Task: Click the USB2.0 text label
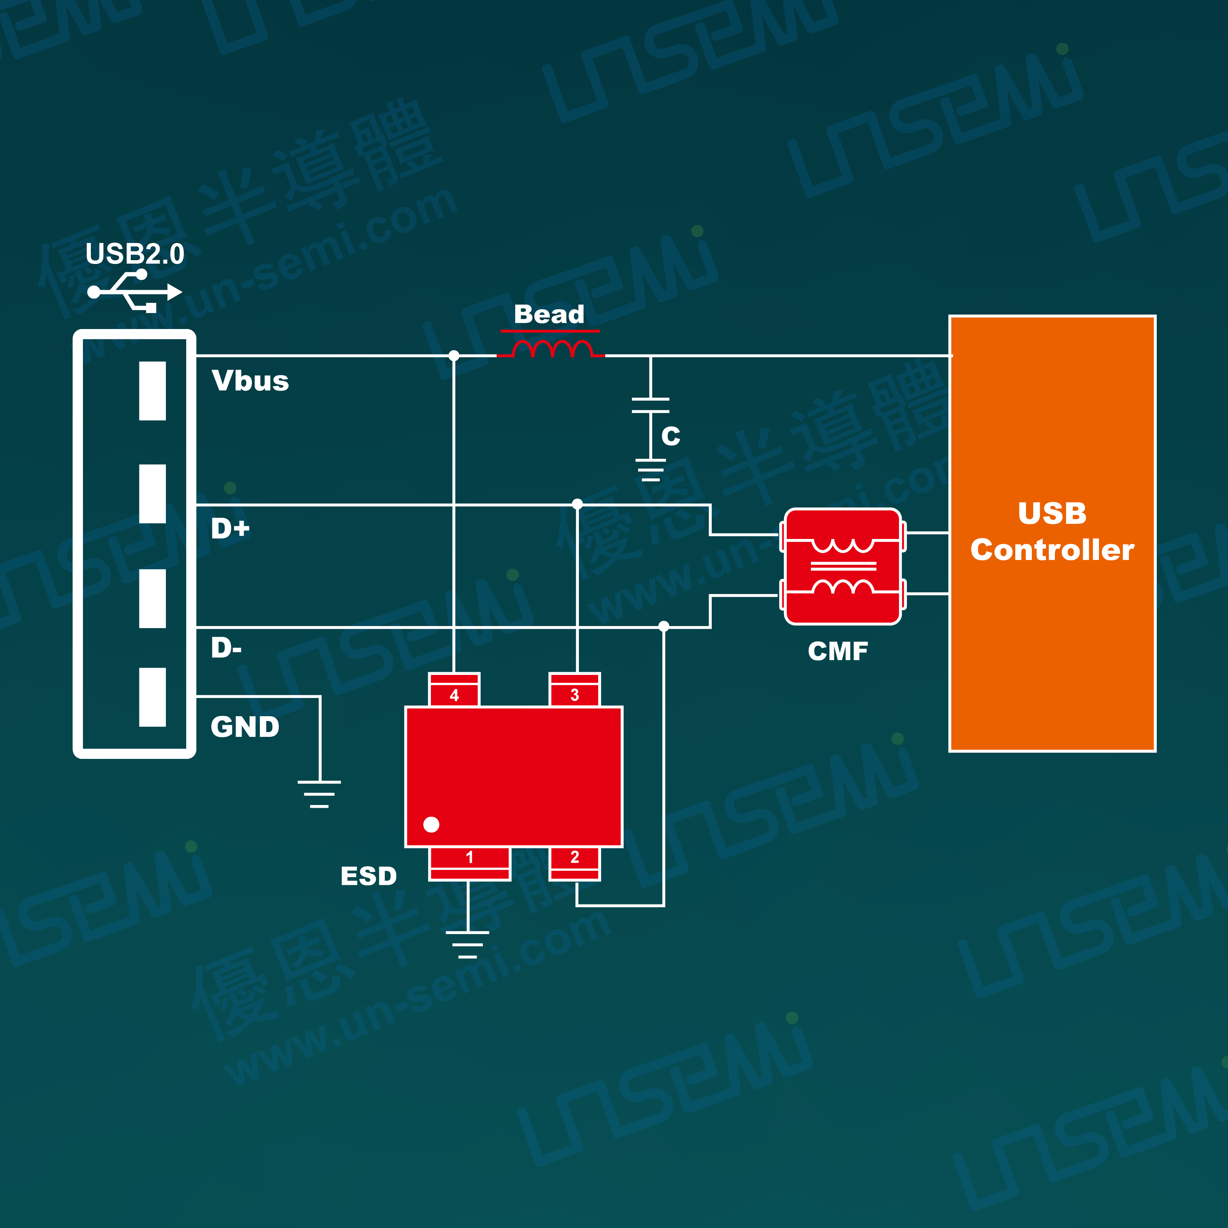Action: pos(135,254)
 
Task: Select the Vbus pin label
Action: pos(251,381)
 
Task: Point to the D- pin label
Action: pos(226,648)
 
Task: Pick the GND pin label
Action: pos(245,727)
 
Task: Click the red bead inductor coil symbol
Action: pos(552,349)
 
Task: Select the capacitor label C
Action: pos(670,436)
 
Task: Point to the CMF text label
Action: pos(838,651)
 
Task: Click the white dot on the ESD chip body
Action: pos(431,824)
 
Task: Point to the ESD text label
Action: pos(369,876)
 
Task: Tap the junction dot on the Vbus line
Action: pos(454,355)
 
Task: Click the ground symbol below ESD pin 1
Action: pos(468,944)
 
